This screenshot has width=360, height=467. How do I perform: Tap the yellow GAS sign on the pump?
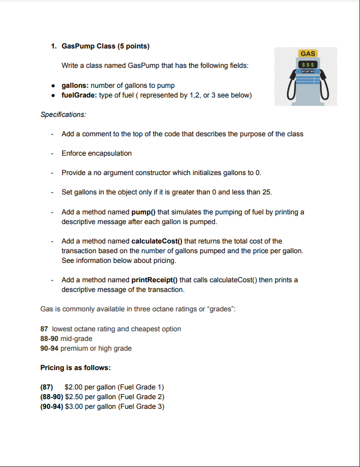point(308,54)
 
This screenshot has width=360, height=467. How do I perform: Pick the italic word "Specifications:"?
point(63,115)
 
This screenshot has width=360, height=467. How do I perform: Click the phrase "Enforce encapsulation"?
point(96,153)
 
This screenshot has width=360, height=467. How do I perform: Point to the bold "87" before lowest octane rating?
point(44,329)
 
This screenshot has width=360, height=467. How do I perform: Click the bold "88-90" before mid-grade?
point(49,339)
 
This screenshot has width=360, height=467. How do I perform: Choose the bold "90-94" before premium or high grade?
point(49,348)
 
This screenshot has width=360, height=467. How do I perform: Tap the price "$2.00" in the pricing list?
point(74,387)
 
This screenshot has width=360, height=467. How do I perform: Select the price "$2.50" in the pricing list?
point(74,397)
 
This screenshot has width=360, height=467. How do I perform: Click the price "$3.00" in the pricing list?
point(74,406)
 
